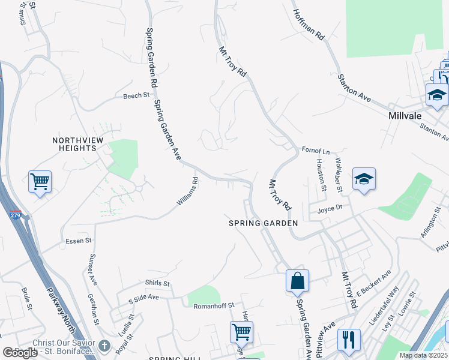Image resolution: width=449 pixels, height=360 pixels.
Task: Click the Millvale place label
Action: (x=405, y=115)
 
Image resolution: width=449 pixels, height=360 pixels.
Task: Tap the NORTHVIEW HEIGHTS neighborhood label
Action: (x=74, y=144)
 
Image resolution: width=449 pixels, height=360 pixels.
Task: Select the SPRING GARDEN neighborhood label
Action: (x=264, y=223)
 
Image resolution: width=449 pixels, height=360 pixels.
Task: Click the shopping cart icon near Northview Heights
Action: (x=40, y=181)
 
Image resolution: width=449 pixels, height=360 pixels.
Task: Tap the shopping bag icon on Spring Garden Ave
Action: (x=297, y=280)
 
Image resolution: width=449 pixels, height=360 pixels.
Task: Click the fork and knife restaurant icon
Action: (x=348, y=339)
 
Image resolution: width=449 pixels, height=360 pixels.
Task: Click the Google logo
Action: (x=20, y=353)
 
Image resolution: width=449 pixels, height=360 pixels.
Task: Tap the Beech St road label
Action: (x=136, y=96)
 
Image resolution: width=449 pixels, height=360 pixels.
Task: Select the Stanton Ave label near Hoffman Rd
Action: (x=354, y=86)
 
